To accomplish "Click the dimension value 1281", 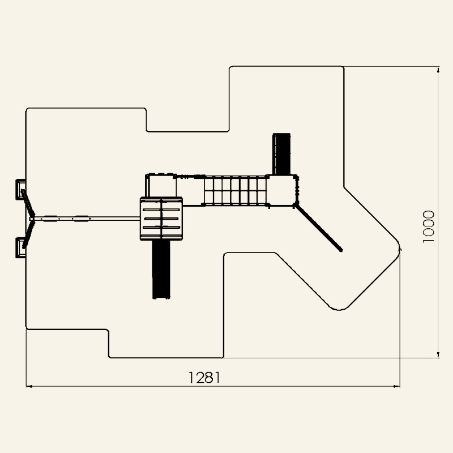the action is (204, 377).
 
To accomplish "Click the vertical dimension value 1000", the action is (429, 227).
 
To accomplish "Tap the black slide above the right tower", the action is (281, 154).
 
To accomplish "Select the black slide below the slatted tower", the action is (161, 269).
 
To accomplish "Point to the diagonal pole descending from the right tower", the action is (318, 228).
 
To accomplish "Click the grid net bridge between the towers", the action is (235, 190).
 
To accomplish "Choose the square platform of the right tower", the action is (282, 190).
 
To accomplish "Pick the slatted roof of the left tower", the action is (161, 219).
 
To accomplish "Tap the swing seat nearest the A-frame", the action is (50, 219).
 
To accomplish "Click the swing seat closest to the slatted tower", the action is (80, 219).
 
